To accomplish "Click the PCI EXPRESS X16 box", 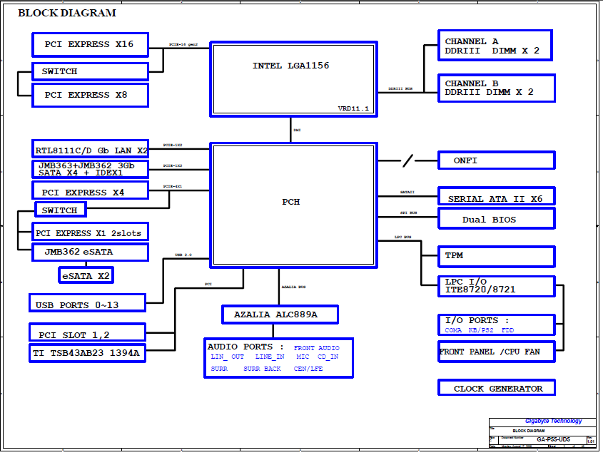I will pyautogui.click(x=90, y=44).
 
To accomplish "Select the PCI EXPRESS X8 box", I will pyautogui.click(x=90, y=95).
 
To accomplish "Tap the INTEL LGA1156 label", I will pyautogui.click(x=290, y=66).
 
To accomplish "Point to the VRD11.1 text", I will pyautogui.click(x=353, y=108).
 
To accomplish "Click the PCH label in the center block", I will pyautogui.click(x=290, y=202).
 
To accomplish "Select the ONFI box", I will pyautogui.click(x=496, y=160).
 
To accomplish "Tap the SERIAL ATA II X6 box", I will pyautogui.click(x=496, y=198).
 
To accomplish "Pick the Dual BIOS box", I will pyautogui.click(x=496, y=219).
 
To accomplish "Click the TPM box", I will pyautogui.click(x=496, y=255).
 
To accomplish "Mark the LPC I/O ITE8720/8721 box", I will pyautogui.click(x=496, y=286).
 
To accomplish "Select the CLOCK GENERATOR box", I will pyautogui.click(x=496, y=388).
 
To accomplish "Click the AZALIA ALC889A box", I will pyautogui.click(x=279, y=314).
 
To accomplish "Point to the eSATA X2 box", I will pyautogui.click(x=86, y=275).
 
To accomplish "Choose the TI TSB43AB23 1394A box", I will pyautogui.click(x=87, y=352).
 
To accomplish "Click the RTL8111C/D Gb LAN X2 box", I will pyautogui.click(x=90, y=149).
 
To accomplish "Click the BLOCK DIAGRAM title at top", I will pyautogui.click(x=66, y=13).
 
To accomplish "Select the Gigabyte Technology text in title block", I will pyautogui.click(x=553, y=421).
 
